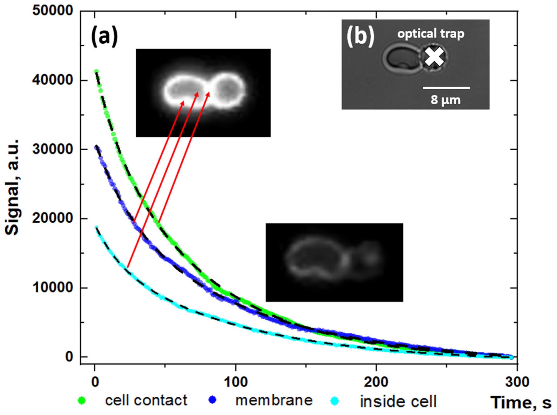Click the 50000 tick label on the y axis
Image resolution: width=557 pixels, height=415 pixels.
[52, 11]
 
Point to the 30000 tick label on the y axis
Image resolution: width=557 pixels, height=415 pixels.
[52, 150]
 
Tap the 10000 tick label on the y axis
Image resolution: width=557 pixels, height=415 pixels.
[52, 288]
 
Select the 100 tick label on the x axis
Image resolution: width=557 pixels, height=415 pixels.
[236, 382]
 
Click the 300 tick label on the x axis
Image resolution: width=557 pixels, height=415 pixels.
[517, 382]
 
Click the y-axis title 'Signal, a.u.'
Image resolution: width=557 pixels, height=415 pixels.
[12, 187]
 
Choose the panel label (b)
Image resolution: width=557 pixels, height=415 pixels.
[360, 37]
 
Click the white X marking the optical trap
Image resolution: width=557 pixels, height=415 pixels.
[434, 57]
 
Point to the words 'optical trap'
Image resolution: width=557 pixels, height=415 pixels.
[430, 33]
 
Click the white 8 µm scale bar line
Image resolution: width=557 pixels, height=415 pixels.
[446, 88]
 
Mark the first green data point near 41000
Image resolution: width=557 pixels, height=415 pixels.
[96, 72]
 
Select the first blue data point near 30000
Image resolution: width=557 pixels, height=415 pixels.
[96, 147]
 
